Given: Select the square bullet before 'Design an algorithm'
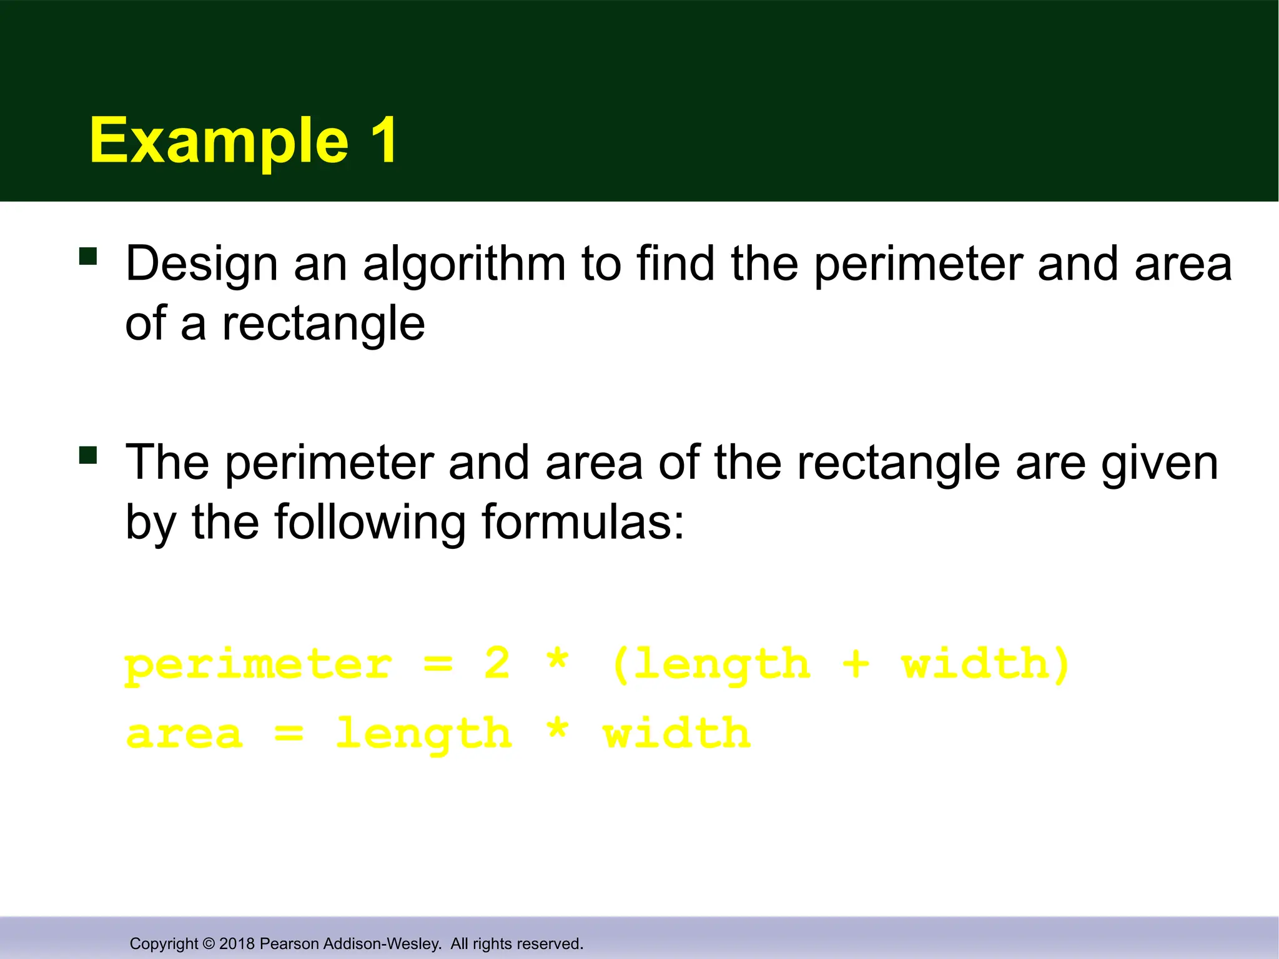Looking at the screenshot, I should coord(88,256).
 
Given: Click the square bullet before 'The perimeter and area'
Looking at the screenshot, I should coord(88,455).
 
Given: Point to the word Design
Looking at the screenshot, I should coord(201,265).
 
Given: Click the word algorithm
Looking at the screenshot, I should coord(464,265).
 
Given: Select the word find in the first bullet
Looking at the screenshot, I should coord(676,263).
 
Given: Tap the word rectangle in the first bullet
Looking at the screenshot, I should coord(323,325).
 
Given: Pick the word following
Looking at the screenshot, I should coord(370,523).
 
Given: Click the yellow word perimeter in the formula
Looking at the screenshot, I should coord(259,666).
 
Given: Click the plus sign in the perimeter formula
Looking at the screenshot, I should coord(856,664).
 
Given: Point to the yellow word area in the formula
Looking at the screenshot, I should coord(184,734).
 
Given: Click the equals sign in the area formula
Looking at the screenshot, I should coord(289,734).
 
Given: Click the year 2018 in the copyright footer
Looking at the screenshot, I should coord(237,943).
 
